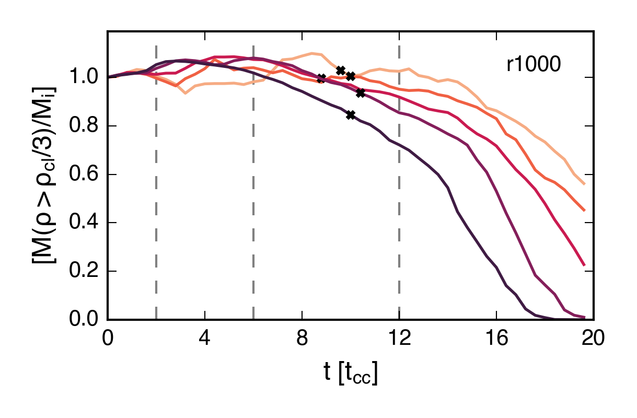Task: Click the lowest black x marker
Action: (351, 115)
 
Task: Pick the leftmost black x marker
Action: (321, 78)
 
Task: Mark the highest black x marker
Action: (341, 70)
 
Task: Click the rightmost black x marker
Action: (360, 93)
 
